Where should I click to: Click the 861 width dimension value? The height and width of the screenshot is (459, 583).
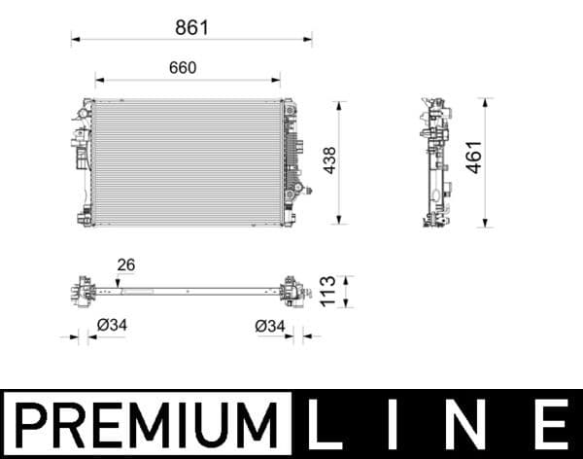coord(191,27)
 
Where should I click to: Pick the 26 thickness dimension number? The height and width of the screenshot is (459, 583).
coord(125,265)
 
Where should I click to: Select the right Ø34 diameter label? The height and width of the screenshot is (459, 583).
coord(270,327)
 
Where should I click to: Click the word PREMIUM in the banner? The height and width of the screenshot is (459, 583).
coord(145,424)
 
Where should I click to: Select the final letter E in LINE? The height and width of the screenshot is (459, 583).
coord(551,424)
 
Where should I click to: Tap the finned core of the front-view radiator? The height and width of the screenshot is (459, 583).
coord(185,161)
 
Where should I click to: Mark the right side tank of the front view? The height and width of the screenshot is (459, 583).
coord(289,161)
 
